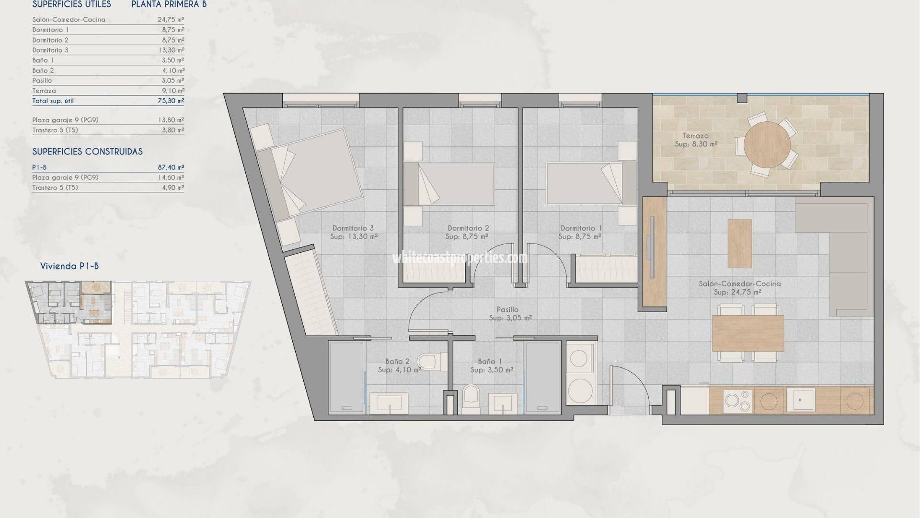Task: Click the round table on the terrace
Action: point(768,144)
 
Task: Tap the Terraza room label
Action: point(696,136)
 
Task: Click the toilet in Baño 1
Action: point(471,399)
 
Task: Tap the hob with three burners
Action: point(737,401)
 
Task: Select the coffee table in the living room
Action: point(740,243)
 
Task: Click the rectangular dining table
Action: point(748,333)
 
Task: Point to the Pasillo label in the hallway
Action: point(507,310)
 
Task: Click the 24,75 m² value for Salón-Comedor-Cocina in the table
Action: point(171,20)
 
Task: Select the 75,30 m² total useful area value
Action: point(171,101)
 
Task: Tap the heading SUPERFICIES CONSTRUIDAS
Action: point(87,152)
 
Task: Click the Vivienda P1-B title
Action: point(69,266)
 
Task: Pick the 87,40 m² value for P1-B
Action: point(171,167)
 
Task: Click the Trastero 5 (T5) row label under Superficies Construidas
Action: point(55,188)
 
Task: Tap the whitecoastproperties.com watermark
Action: point(460,258)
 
